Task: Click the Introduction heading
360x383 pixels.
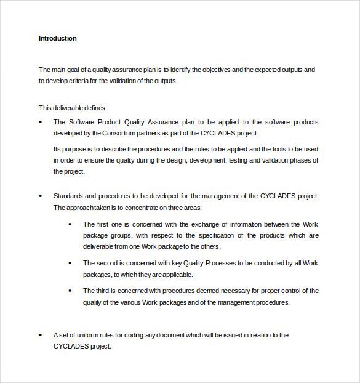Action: click(x=58, y=38)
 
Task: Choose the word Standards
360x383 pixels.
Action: click(x=68, y=196)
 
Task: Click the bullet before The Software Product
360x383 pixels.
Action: click(x=41, y=122)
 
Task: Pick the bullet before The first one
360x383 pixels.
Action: click(x=70, y=224)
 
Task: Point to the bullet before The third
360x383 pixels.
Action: click(x=70, y=291)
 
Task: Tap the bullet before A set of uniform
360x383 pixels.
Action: click(x=41, y=335)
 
